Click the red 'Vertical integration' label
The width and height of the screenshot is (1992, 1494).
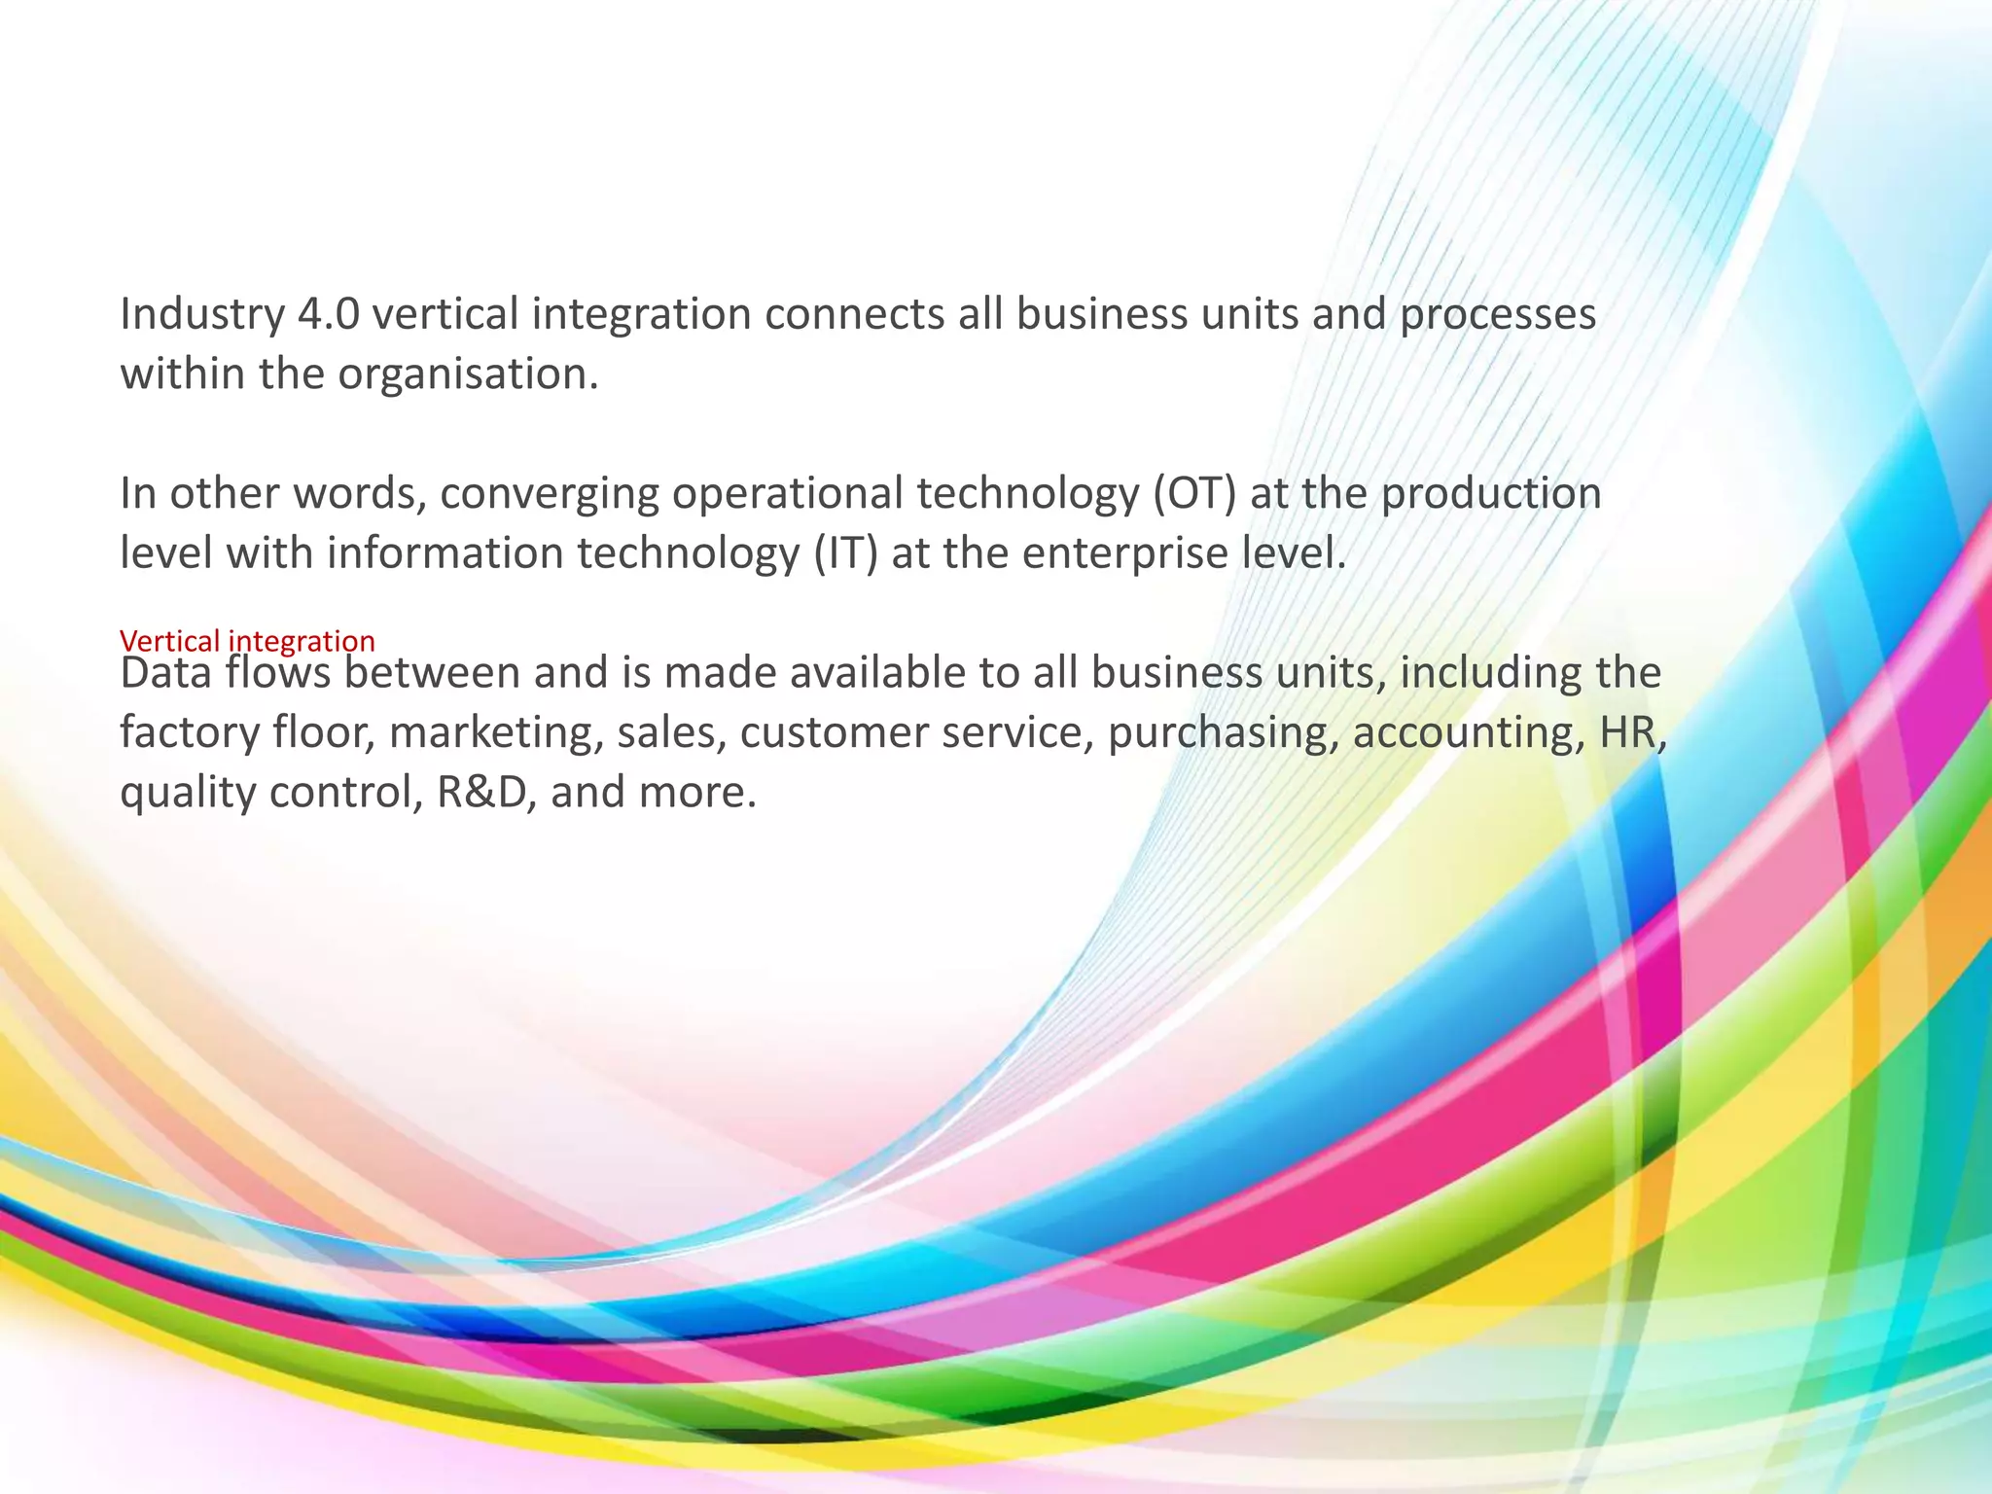point(247,641)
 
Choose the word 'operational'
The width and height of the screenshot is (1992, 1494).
point(787,494)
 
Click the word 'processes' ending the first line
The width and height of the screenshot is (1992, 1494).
point(1498,314)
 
